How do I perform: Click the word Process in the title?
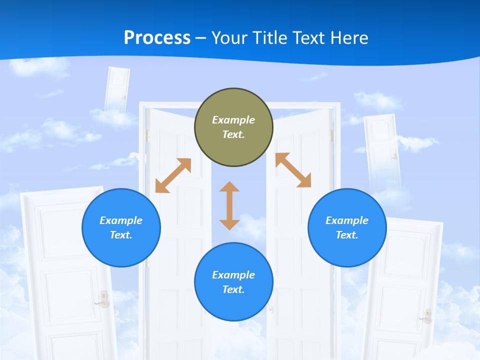pos(157,38)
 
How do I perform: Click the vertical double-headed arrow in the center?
pos(229,206)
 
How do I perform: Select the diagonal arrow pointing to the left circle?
pos(173,175)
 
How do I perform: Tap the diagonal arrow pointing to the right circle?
pos(293,170)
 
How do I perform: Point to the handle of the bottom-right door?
pos(427,315)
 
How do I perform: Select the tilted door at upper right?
pos(383,150)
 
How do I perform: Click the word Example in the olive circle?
pos(233,120)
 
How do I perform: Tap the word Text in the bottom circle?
pos(233,289)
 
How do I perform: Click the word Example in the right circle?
pos(347,220)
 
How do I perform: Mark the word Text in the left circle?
pos(121,235)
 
